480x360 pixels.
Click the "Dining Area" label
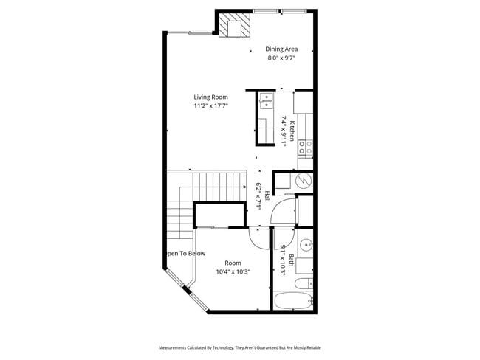[x=281, y=49]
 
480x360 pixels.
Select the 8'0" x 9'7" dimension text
[x=281, y=58]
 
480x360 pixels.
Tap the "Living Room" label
[x=210, y=97]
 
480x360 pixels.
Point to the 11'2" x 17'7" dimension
[x=210, y=105]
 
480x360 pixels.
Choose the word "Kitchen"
[x=292, y=131]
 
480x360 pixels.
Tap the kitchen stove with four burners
[x=304, y=148]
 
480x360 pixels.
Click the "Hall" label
[x=267, y=197]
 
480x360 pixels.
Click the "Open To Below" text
[x=185, y=253]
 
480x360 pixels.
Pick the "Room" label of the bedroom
[x=233, y=263]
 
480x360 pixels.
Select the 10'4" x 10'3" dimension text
[x=233, y=271]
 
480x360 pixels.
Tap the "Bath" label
[x=292, y=260]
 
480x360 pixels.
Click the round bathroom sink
[x=305, y=243]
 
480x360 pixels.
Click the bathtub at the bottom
[x=293, y=300]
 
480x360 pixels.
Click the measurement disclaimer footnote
[x=240, y=347]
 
